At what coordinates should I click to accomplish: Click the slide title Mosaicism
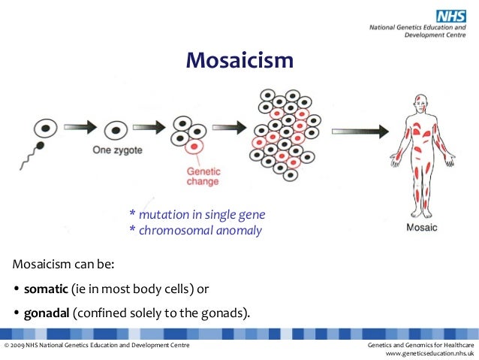pyautogui.click(x=239, y=59)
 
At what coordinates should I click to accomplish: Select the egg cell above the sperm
pyautogui.click(x=44, y=129)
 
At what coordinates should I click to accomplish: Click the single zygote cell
pyautogui.click(x=115, y=131)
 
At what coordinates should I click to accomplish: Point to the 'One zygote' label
pyautogui.click(x=117, y=150)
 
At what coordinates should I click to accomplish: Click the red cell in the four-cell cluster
pyautogui.click(x=195, y=145)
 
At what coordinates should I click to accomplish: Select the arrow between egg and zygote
pyautogui.click(x=80, y=129)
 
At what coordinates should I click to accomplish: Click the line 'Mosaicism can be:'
pyautogui.click(x=63, y=265)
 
